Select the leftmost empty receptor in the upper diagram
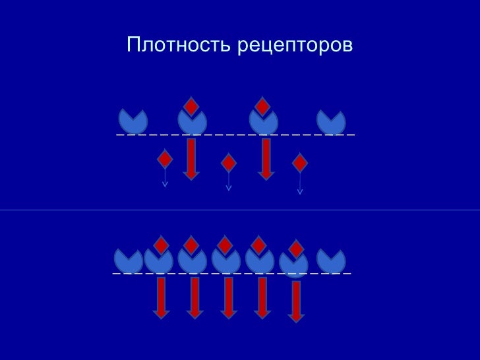(x=133, y=121)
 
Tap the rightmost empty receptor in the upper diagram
(x=331, y=122)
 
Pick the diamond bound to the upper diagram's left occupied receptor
(x=191, y=105)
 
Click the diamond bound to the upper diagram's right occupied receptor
(x=262, y=105)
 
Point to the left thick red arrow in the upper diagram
(x=191, y=158)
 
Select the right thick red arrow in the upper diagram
(x=266, y=158)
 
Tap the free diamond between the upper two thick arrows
(x=228, y=163)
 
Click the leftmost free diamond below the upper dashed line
(x=165, y=159)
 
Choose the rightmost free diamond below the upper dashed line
(x=300, y=162)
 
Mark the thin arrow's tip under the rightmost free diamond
(x=300, y=192)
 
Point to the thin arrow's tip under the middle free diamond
(x=229, y=189)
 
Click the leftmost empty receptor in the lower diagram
(x=128, y=260)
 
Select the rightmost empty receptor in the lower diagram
(x=331, y=260)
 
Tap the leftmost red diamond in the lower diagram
(x=161, y=245)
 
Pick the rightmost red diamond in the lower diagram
(x=296, y=249)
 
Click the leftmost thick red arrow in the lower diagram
(x=161, y=297)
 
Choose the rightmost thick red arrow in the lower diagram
(x=296, y=301)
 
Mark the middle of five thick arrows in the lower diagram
(x=228, y=297)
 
